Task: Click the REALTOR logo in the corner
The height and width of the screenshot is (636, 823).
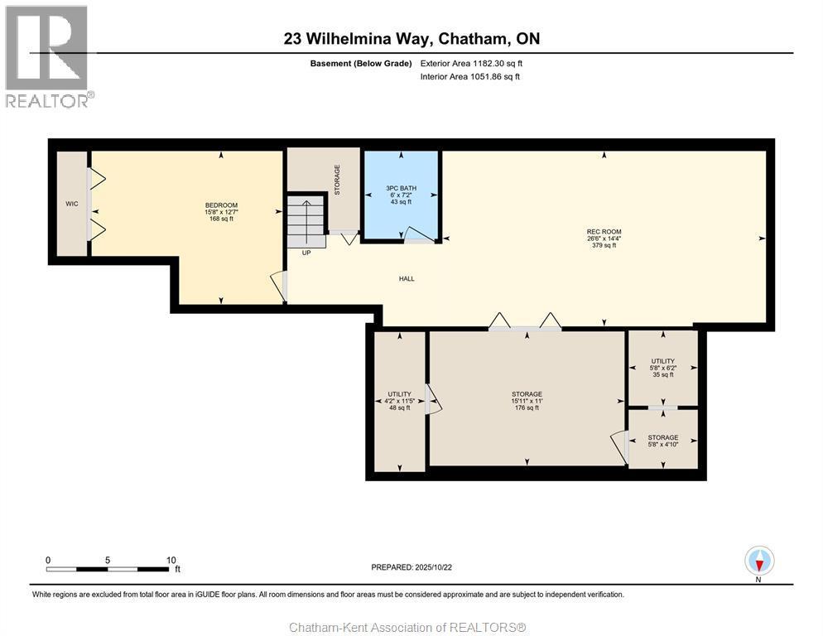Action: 48,56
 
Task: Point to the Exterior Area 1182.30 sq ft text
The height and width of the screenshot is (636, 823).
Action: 471,63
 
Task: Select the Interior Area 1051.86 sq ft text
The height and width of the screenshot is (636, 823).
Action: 469,77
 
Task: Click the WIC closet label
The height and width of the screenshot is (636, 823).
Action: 72,204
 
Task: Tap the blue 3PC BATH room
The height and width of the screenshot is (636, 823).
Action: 402,195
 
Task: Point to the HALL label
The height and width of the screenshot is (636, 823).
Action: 407,279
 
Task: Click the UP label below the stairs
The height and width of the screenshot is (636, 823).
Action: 306,253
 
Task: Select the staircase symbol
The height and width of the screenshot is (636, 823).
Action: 306,220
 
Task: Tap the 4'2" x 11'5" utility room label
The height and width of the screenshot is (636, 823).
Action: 399,401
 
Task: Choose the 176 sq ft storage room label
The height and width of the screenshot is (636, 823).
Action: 527,407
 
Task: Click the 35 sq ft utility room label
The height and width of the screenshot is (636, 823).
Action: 662,374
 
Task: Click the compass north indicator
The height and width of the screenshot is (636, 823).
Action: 759,561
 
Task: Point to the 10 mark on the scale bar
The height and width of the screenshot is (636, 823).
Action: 171,560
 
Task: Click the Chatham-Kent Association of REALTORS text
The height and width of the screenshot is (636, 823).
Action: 407,627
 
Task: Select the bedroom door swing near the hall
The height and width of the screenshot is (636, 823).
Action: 278,286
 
